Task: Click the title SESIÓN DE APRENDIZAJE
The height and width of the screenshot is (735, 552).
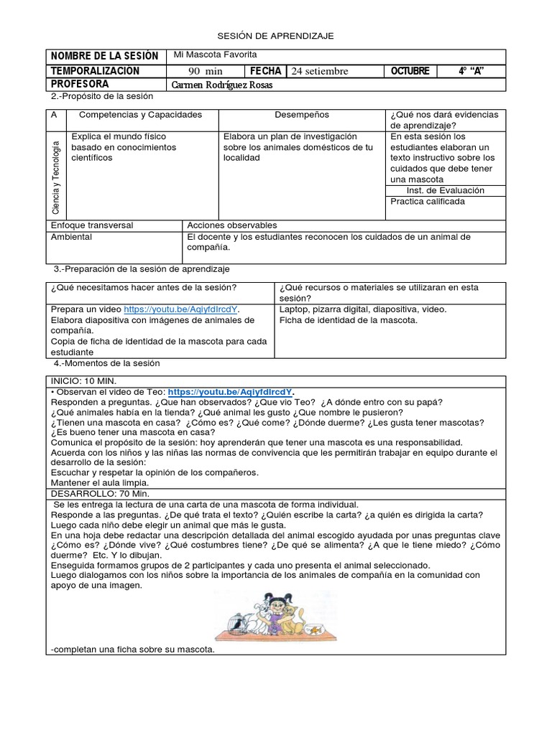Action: point(276,35)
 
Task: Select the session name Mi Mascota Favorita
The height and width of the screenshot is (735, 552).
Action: point(216,55)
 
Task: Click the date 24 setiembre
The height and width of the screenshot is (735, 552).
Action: point(320,71)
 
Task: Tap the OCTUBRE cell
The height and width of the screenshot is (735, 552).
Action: point(410,71)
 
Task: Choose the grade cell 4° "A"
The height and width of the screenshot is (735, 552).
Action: point(470,71)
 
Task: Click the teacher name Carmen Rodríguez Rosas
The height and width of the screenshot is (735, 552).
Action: point(223,85)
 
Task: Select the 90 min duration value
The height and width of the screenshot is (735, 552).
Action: point(206,71)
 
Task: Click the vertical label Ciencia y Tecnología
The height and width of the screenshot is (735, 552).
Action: point(56,176)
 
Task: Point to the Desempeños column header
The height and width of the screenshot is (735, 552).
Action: point(301,115)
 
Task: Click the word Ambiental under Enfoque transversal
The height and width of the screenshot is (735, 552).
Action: point(70,236)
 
